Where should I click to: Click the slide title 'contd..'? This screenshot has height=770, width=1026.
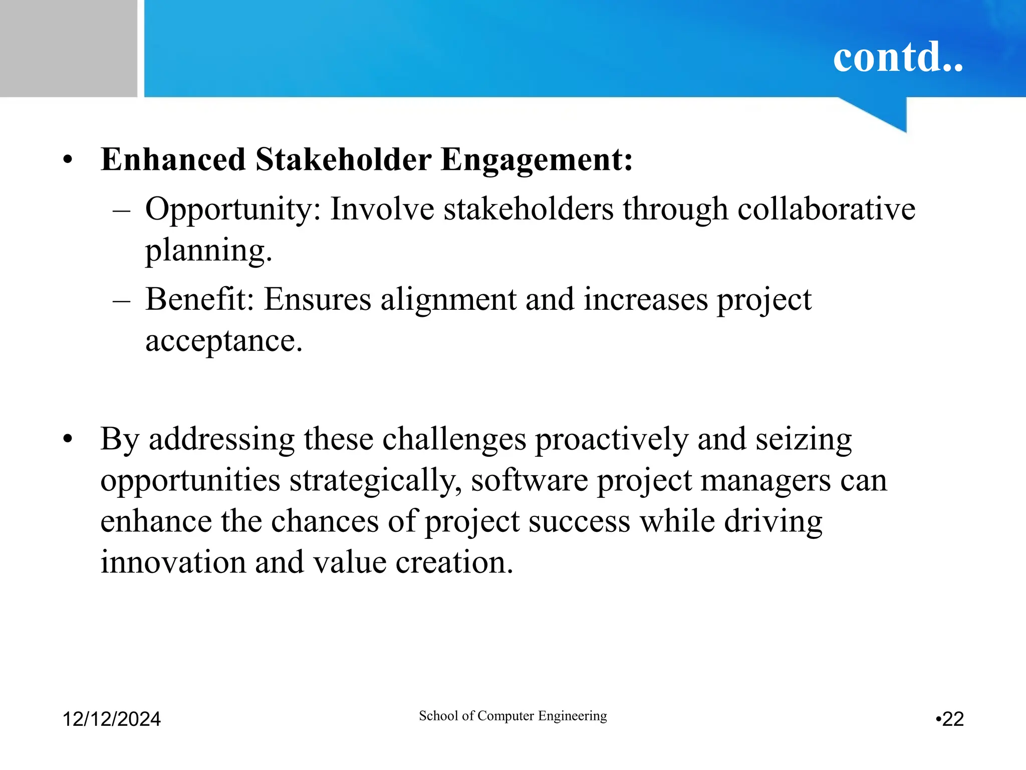898,56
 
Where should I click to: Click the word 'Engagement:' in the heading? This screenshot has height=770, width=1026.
537,160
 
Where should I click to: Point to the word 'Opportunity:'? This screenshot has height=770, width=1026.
232,210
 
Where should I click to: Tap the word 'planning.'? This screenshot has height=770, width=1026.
208,251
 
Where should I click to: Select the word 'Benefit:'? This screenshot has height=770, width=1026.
199,299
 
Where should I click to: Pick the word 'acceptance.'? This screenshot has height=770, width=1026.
224,341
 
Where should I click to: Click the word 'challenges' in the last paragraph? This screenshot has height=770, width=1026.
454,440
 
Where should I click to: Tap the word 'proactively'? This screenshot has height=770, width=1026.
611,440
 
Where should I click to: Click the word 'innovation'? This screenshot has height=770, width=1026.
173,562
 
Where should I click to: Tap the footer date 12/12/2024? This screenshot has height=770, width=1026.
111,719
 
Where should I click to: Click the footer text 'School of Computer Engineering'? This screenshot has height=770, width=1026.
512,716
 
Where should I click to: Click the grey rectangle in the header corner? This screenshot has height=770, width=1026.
68,48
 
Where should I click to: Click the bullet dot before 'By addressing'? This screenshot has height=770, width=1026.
68,440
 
